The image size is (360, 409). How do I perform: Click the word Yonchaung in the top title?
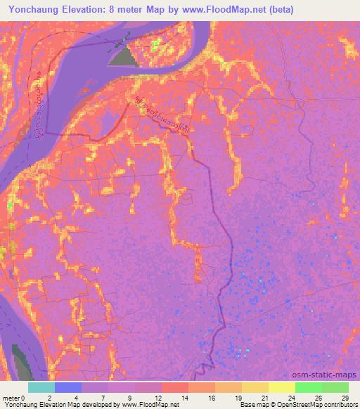click(x=35, y=9)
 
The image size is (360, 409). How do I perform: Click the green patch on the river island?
click(x=155, y=45)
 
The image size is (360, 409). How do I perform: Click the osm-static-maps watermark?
click(x=324, y=373)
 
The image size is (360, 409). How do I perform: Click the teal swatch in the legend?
click(x=41, y=387)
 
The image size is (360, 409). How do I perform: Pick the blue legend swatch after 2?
click(x=68, y=387)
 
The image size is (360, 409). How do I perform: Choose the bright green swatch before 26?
click(x=308, y=387)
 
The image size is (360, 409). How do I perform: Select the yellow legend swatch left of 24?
click(x=281, y=387)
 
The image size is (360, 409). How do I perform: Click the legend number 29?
click(x=345, y=397)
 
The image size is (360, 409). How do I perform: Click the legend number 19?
click(x=238, y=397)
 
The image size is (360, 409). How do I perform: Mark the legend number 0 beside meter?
click(x=23, y=397)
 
